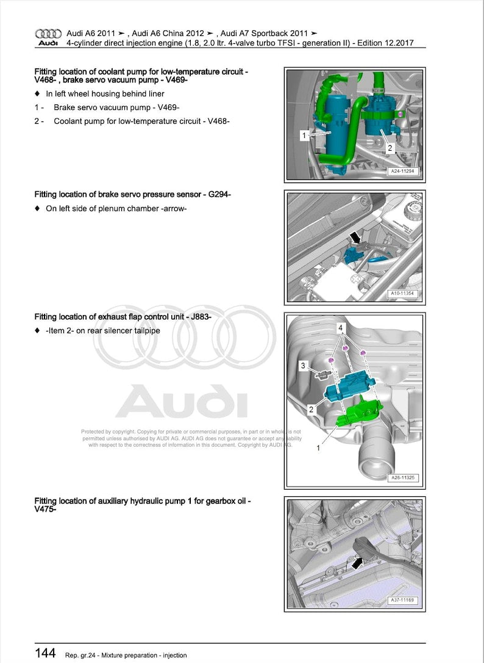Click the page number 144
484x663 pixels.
point(45,654)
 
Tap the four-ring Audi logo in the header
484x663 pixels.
point(48,34)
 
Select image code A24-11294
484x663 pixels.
point(401,172)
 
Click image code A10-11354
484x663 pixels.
point(401,294)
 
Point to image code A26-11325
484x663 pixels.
point(401,477)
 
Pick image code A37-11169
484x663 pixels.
point(401,601)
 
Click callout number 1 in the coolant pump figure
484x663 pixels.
point(304,136)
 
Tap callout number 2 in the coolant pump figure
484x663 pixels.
point(390,148)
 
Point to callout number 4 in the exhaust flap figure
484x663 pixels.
point(340,328)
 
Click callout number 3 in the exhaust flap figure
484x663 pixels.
point(302,365)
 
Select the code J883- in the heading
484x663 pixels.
point(198,317)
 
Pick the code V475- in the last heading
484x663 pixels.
point(45,510)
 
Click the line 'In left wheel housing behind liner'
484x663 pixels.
point(105,94)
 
